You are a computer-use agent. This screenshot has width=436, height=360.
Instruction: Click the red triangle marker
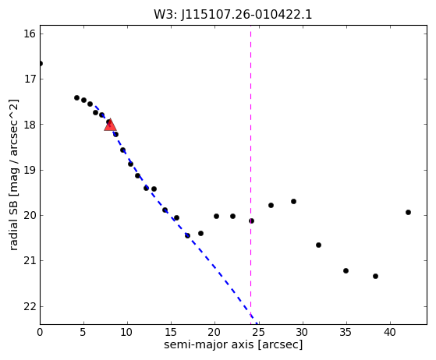110,125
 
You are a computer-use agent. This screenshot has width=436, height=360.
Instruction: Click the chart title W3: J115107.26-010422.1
233,14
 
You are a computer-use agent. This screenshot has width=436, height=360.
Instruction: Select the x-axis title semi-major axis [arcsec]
233,344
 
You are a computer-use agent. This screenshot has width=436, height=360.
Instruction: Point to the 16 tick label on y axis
30,34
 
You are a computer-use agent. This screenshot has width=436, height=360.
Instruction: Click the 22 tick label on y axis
30,306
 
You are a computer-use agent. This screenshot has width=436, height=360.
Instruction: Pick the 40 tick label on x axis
390,332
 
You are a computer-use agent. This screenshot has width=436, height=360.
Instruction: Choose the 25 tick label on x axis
259,332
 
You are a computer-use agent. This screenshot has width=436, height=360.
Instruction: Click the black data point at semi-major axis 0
41,64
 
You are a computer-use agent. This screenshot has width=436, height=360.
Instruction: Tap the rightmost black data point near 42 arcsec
408,212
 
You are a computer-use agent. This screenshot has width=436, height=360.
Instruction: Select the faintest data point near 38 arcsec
375,276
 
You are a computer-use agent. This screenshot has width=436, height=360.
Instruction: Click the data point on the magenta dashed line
251,221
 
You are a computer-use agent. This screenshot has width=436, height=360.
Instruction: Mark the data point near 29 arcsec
293,201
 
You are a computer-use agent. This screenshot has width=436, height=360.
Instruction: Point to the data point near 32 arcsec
319,245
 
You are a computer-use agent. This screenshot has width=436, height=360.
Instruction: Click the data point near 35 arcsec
346,270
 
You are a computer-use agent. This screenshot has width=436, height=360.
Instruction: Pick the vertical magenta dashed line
251,175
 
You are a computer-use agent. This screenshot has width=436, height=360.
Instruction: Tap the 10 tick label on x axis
127,332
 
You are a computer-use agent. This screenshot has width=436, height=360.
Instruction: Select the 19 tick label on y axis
30,170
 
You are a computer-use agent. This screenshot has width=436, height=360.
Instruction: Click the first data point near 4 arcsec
76,97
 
